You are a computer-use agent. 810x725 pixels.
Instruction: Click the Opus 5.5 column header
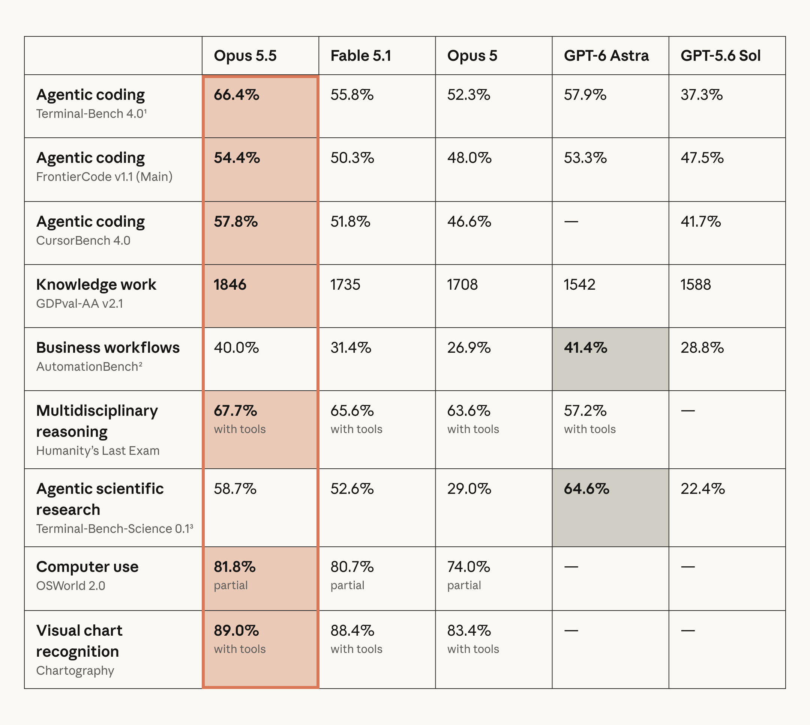[x=245, y=56]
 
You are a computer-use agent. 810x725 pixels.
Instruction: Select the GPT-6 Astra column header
[x=606, y=56]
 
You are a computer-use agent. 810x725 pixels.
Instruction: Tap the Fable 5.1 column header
[x=361, y=56]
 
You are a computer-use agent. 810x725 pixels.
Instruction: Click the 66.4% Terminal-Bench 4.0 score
[x=236, y=95]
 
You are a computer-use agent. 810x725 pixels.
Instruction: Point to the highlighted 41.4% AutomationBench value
[x=585, y=348]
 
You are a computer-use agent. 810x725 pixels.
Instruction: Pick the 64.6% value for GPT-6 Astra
[x=586, y=489]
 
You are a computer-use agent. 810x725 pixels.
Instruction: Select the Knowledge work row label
[x=96, y=285]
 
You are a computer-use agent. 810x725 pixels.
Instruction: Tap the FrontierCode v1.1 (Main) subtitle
[x=104, y=177]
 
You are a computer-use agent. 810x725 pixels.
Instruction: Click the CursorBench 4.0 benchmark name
[x=83, y=241]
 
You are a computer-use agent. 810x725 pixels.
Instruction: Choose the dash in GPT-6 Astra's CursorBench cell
[x=571, y=221]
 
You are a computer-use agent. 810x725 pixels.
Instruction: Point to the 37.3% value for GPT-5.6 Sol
[x=701, y=95]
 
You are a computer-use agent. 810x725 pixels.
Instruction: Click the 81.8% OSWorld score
[x=234, y=567]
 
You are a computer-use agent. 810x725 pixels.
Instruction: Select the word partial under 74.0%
[x=464, y=585]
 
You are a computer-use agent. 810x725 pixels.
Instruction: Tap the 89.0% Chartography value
[x=236, y=630]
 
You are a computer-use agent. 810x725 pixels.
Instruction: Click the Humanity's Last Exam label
[x=97, y=451]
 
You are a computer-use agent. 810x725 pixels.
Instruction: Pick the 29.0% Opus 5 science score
[x=469, y=489]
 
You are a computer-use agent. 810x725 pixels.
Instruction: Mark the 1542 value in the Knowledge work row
[x=579, y=285]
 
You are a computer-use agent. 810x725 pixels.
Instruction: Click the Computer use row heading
[x=87, y=567]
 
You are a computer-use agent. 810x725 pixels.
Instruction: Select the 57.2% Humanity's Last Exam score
[x=585, y=411]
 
